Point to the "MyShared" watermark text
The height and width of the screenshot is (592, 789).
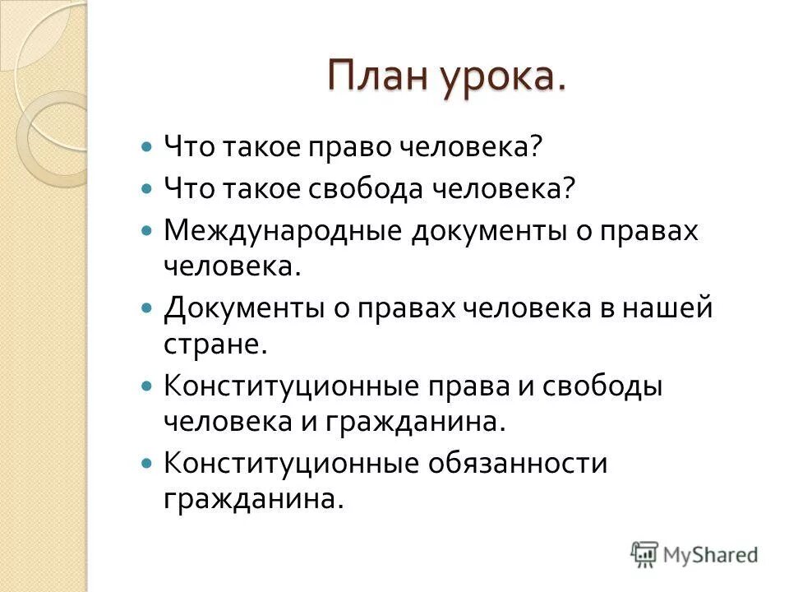tap(711, 554)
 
